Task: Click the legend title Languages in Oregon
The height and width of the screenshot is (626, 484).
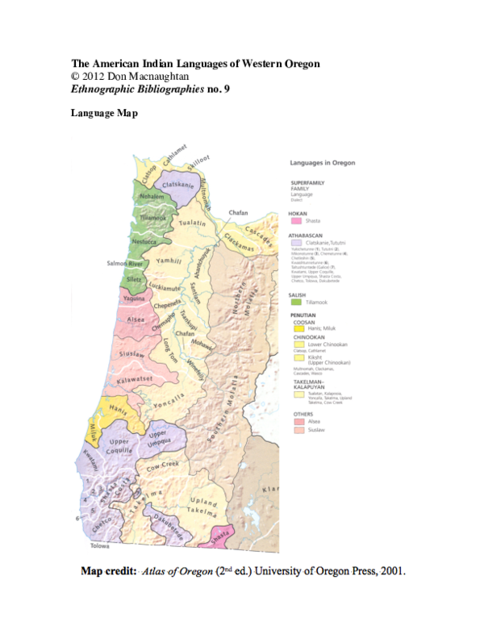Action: coord(323,163)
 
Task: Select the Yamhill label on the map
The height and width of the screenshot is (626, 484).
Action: coord(169,261)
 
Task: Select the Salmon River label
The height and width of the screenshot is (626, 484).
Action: coord(124,263)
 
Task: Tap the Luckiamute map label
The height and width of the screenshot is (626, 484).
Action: coord(165,287)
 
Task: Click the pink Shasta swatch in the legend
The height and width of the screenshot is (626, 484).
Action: coord(296,220)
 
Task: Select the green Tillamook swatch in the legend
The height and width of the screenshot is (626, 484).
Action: coord(296,301)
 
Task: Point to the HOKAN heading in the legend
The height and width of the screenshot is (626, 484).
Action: coord(299,212)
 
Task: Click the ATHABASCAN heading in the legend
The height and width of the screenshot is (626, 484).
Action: coord(307,233)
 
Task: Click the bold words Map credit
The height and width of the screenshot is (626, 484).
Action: coord(107,572)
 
